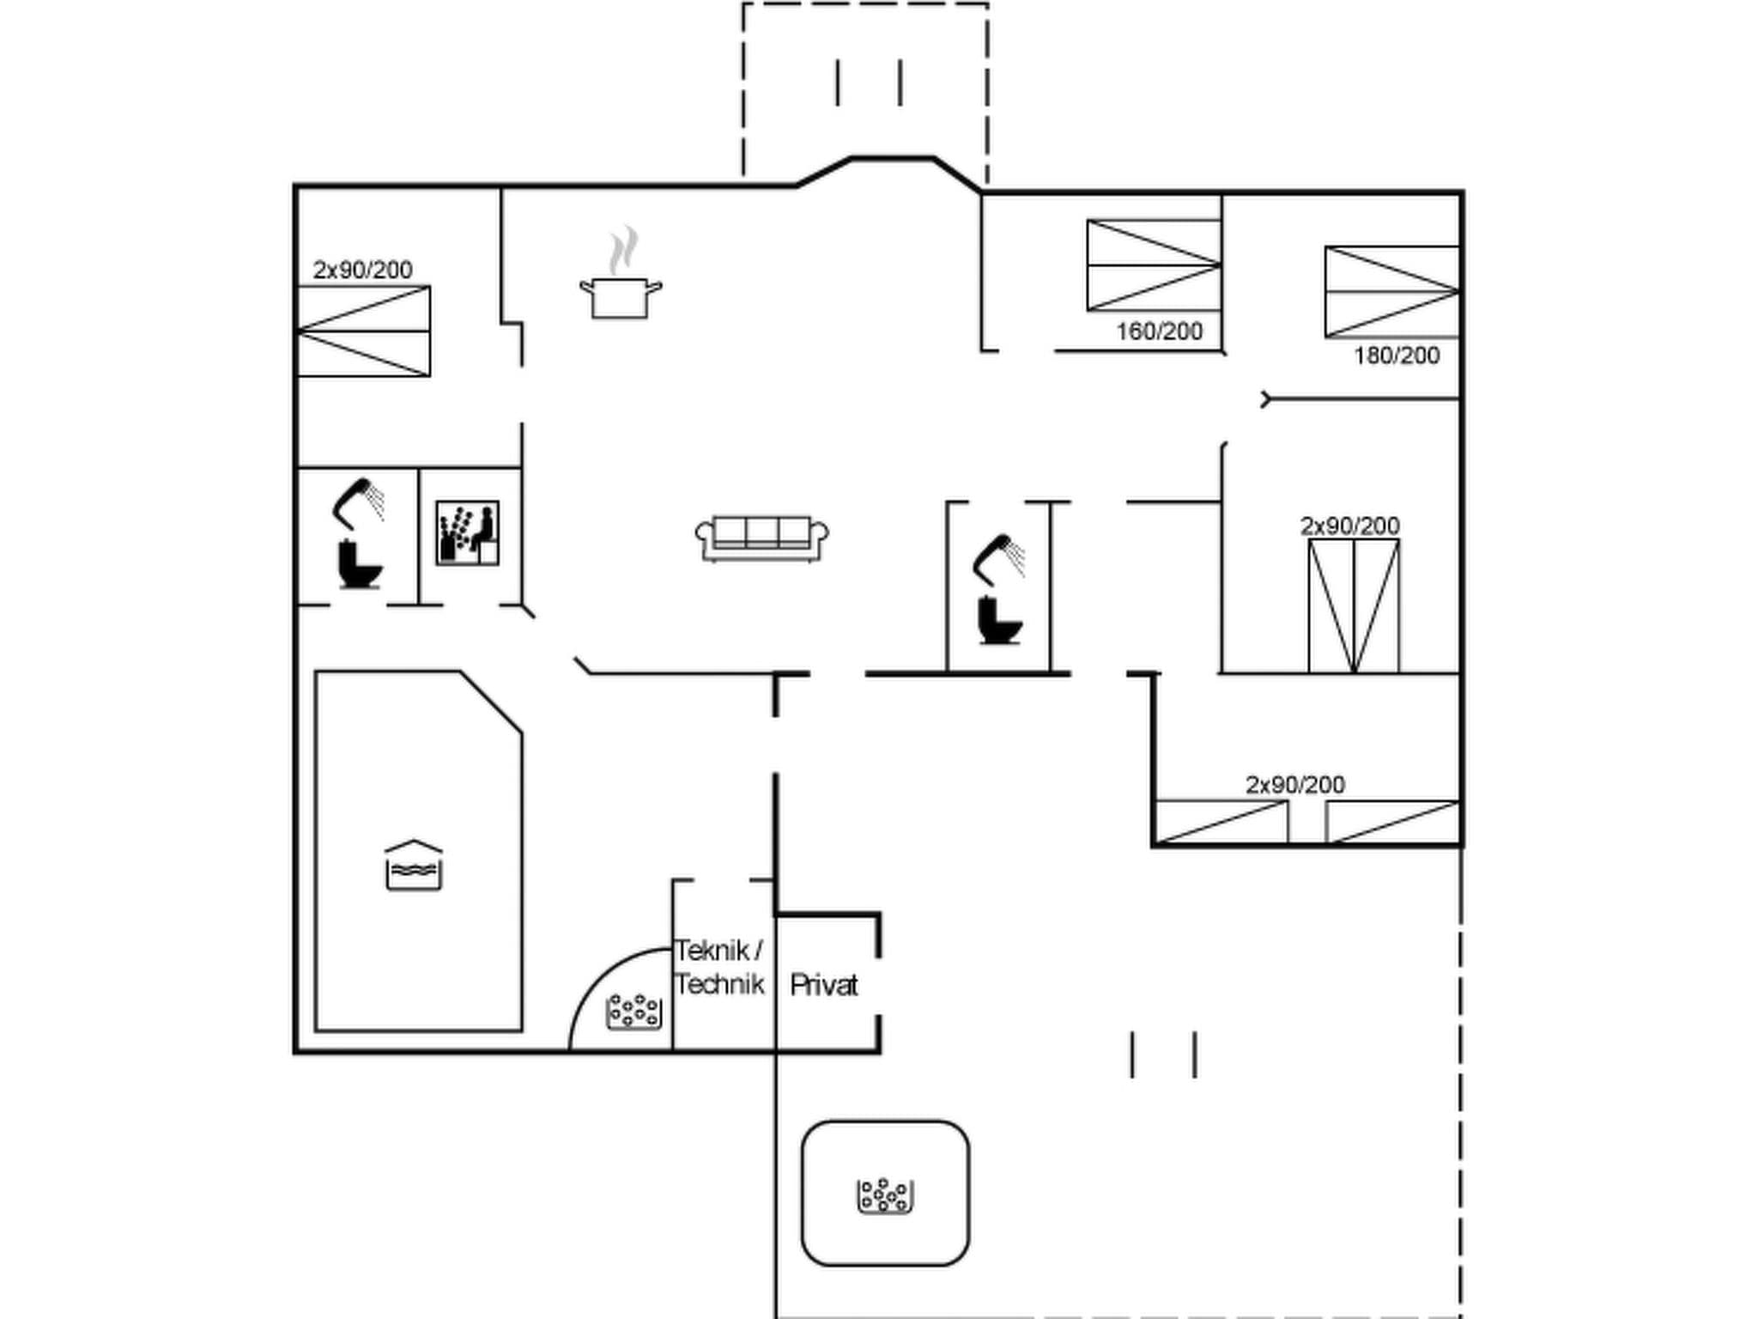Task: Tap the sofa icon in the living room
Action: pos(761,538)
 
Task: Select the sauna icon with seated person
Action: pos(467,533)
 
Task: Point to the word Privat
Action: pos(823,985)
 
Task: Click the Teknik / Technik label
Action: pos(719,967)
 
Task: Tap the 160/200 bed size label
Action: pos(1159,331)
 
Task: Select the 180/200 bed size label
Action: pos(1397,356)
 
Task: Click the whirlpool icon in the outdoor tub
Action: pos(884,1196)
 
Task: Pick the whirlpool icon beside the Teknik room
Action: pos(633,1012)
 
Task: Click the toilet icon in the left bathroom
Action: pos(360,564)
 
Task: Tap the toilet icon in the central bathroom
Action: pos(999,619)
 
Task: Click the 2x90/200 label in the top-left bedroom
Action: pos(362,270)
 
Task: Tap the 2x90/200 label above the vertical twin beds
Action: pos(1349,526)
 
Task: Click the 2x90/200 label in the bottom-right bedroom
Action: pos(1294,785)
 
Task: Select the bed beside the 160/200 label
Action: pos(1154,264)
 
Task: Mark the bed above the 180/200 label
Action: pos(1391,292)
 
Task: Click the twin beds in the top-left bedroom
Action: pos(363,331)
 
